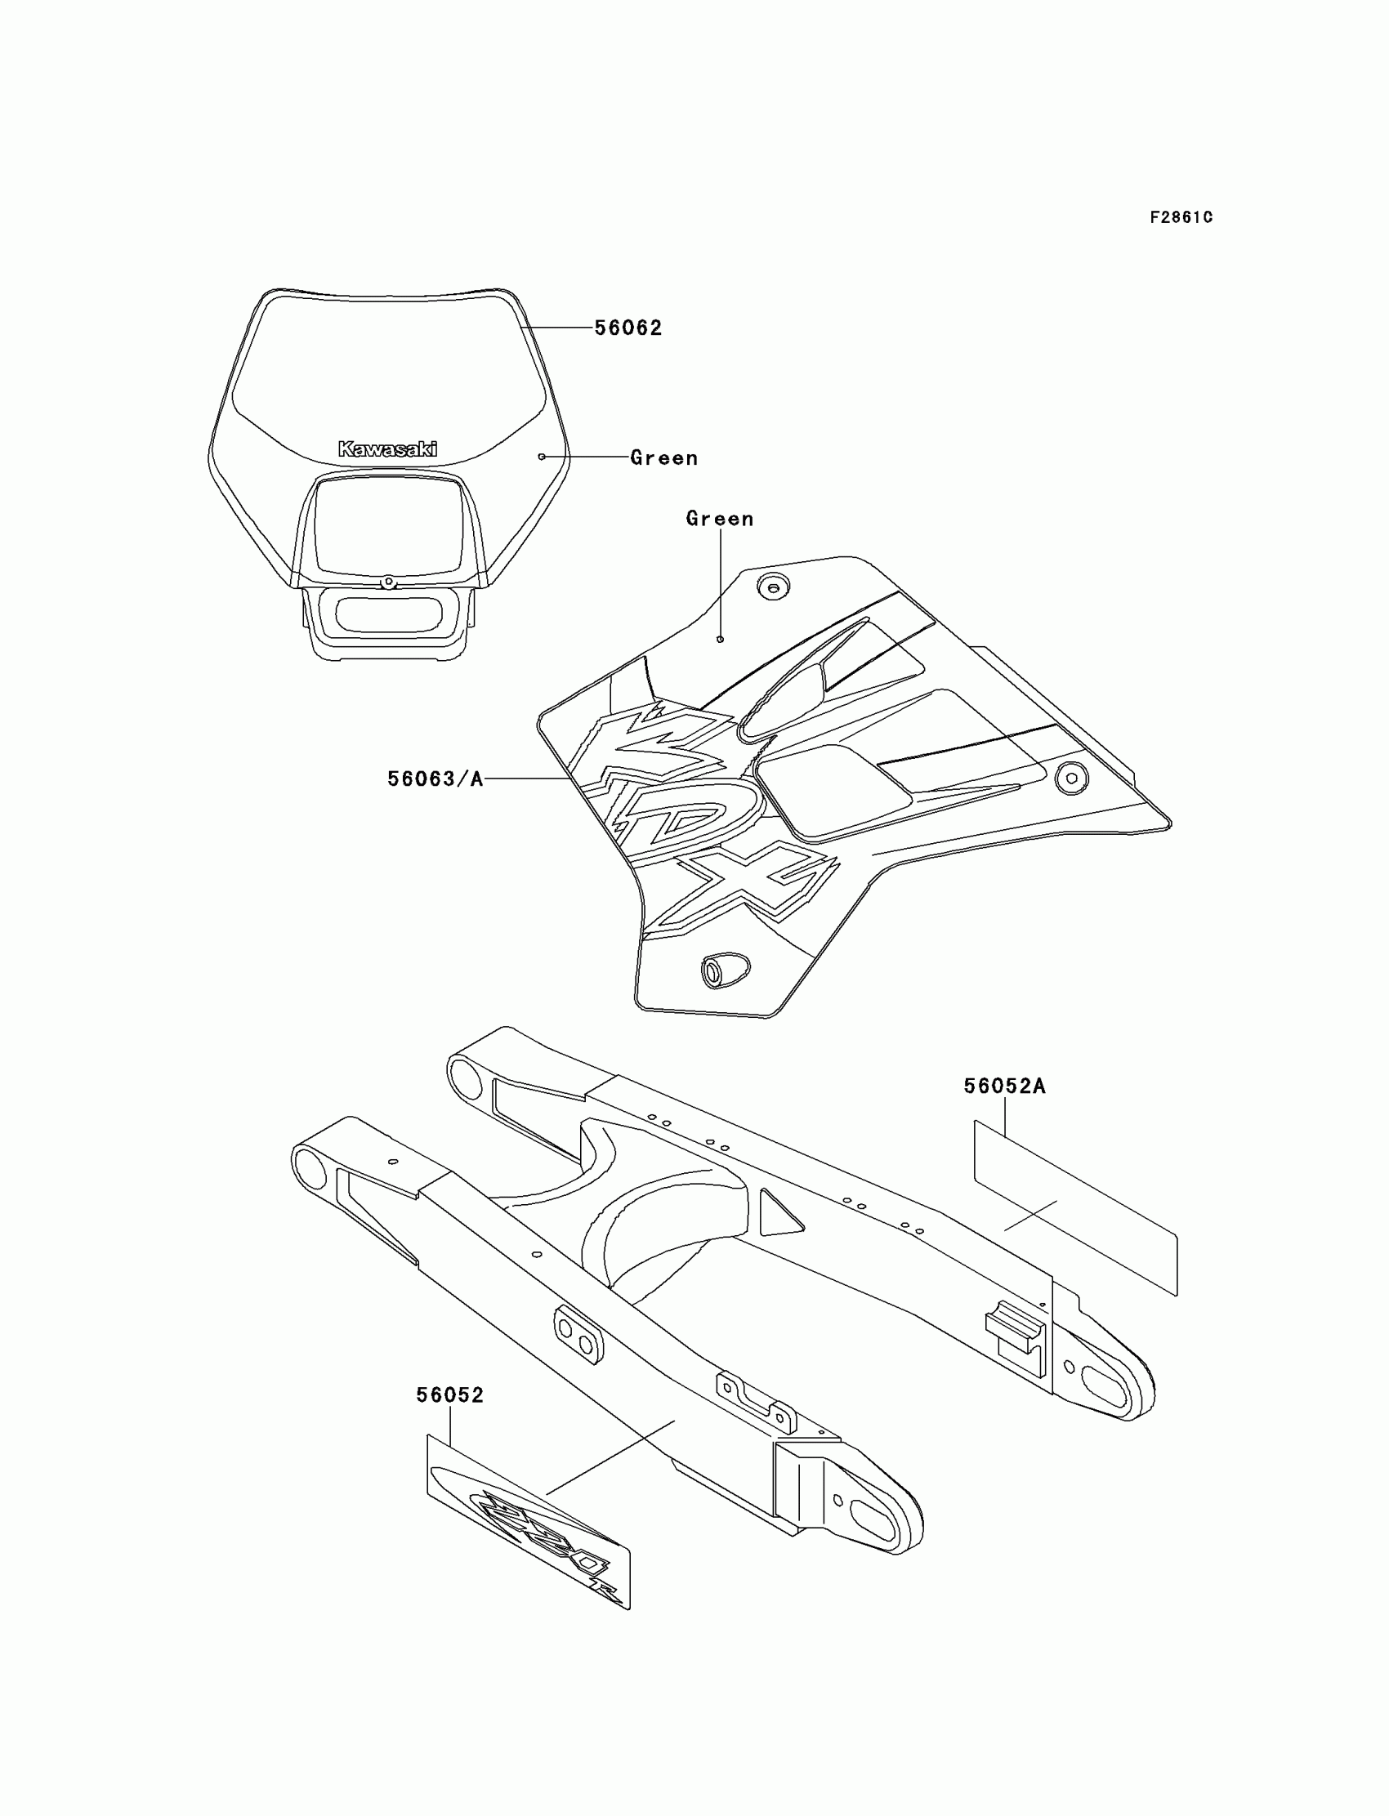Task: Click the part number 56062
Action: (628, 328)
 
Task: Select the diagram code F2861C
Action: (1181, 217)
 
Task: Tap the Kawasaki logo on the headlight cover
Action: (388, 448)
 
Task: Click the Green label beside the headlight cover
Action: (664, 458)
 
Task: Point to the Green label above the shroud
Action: (719, 519)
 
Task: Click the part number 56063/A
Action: (435, 779)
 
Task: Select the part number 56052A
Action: (1004, 1086)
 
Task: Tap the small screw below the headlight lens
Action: (387, 582)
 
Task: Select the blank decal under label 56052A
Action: (1074, 1207)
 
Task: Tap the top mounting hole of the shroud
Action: (773, 588)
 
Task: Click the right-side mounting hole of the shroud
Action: (1071, 778)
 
